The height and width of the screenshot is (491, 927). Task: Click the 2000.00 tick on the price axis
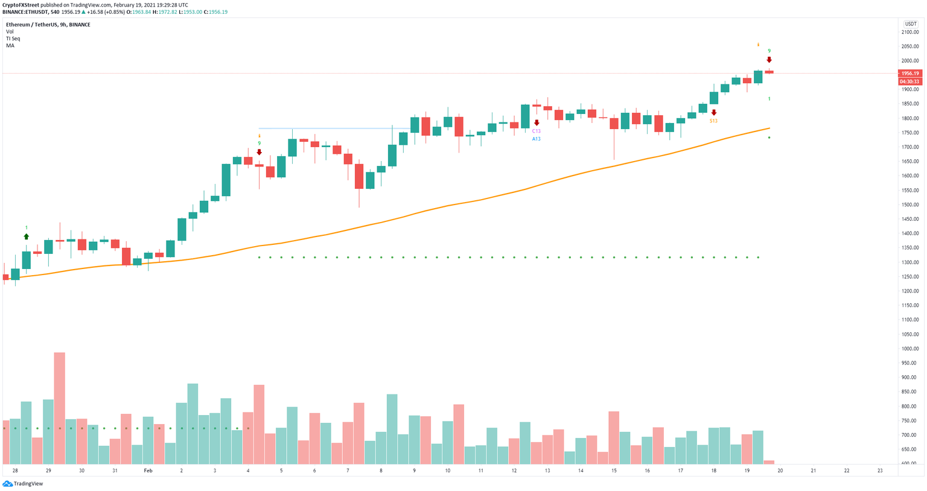910,61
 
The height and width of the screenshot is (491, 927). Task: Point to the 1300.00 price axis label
910,262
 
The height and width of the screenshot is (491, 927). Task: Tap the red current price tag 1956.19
909,74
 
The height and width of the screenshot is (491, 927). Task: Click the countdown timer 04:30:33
909,81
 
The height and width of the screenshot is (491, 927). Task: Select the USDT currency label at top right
910,24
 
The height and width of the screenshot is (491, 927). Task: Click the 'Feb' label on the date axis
148,470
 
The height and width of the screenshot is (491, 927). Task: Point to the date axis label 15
614,470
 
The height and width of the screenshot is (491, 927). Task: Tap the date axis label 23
880,470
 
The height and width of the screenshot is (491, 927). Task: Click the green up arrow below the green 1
26,236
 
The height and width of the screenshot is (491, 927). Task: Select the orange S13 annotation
713,121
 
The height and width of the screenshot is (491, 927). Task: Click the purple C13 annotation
536,131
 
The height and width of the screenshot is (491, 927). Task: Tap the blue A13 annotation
536,139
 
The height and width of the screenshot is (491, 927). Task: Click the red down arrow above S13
714,113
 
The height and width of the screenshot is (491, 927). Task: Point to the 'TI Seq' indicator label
13,39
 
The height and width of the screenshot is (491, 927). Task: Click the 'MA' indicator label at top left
10,46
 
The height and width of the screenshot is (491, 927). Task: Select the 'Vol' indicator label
10,31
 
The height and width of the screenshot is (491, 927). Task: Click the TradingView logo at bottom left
24,484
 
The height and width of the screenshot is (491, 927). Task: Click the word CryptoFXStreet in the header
21,5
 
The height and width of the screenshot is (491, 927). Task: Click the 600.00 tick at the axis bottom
910,463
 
